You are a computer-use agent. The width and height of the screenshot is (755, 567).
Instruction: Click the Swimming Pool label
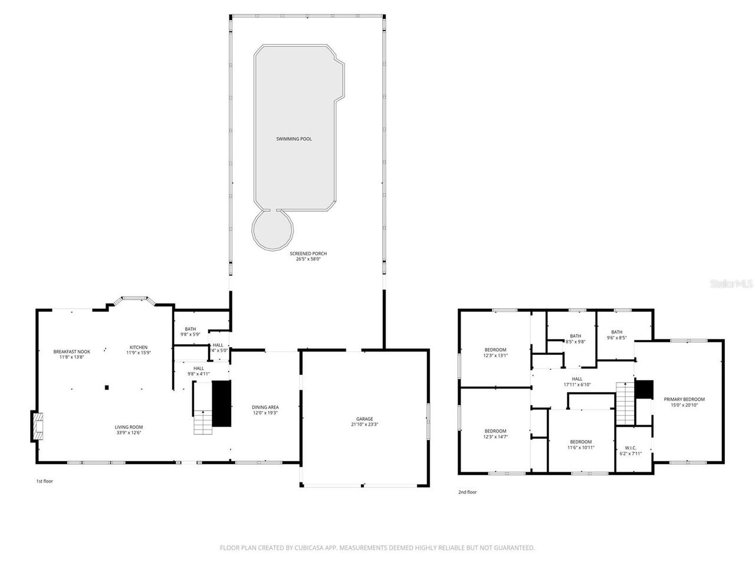294,139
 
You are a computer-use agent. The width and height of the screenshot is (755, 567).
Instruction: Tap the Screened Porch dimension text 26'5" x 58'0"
308,259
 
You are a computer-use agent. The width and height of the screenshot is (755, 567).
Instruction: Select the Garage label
365,419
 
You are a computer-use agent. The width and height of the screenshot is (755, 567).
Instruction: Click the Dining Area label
265,407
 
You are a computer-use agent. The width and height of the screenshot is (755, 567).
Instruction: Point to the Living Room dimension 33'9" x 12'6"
129,432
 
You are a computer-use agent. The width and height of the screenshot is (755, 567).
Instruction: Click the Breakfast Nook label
71,351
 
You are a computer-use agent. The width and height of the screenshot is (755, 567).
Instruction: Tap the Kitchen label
139,347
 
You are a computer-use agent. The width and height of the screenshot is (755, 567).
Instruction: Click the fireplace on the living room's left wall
38,426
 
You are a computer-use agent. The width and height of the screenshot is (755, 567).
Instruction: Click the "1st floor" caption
45,481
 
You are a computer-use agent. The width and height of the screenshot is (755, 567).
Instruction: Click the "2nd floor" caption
467,492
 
